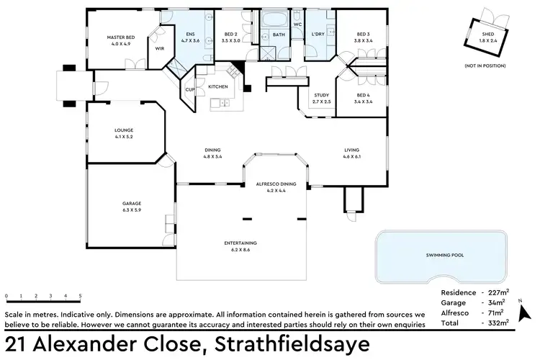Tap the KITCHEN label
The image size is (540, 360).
[x=218, y=86]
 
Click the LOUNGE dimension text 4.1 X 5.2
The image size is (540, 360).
[x=125, y=137]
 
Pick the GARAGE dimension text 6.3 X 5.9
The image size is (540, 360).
[x=131, y=210]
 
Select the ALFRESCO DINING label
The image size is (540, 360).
[x=276, y=184]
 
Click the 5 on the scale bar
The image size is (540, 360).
[x=80, y=295]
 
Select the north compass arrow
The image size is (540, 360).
[x=525, y=312]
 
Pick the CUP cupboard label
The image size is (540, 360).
[x=189, y=90]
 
